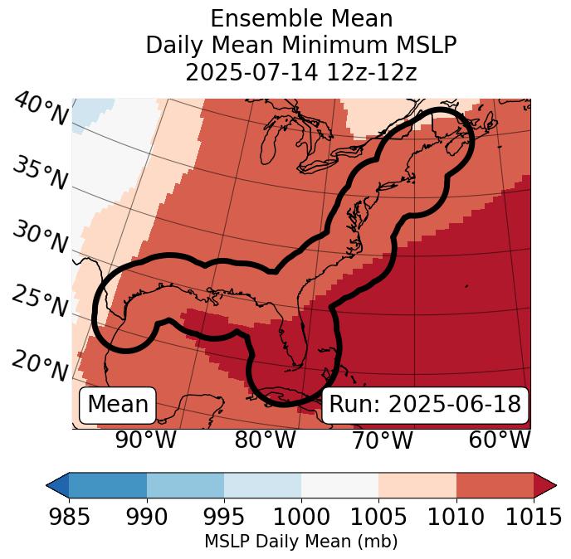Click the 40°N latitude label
[x=41, y=110]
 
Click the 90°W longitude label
[x=146, y=440]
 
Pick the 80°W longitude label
[x=265, y=440]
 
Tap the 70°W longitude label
[x=382, y=440]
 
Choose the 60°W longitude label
[x=500, y=440]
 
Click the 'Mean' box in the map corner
[x=118, y=405]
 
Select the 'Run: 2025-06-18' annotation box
[x=425, y=405]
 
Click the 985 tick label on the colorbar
[x=69, y=518]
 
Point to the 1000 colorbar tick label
[x=301, y=518]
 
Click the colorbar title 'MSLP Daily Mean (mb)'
[x=301, y=542]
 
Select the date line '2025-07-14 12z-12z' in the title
[x=301, y=72]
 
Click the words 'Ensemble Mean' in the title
[x=301, y=18]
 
